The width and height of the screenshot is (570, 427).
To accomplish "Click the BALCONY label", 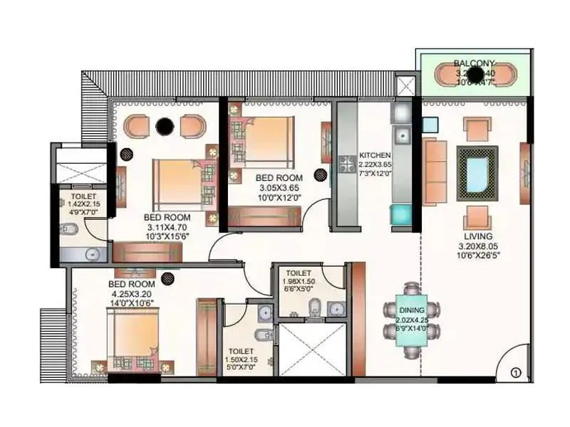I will pyautogui.click(x=471, y=63).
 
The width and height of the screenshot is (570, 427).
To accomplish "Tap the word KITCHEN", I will pyautogui.click(x=374, y=155).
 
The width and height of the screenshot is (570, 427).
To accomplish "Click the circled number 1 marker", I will pyautogui.click(x=517, y=371).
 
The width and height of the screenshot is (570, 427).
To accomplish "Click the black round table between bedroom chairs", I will pyautogui.click(x=165, y=127).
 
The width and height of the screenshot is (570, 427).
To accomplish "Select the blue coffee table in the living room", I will pyautogui.click(x=477, y=169).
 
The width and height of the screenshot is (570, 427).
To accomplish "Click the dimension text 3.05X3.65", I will pyautogui.click(x=279, y=188).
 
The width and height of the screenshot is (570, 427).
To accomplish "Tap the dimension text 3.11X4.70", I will pyautogui.click(x=167, y=226).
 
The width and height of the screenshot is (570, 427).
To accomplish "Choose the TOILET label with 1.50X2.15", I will pyautogui.click(x=241, y=351).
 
